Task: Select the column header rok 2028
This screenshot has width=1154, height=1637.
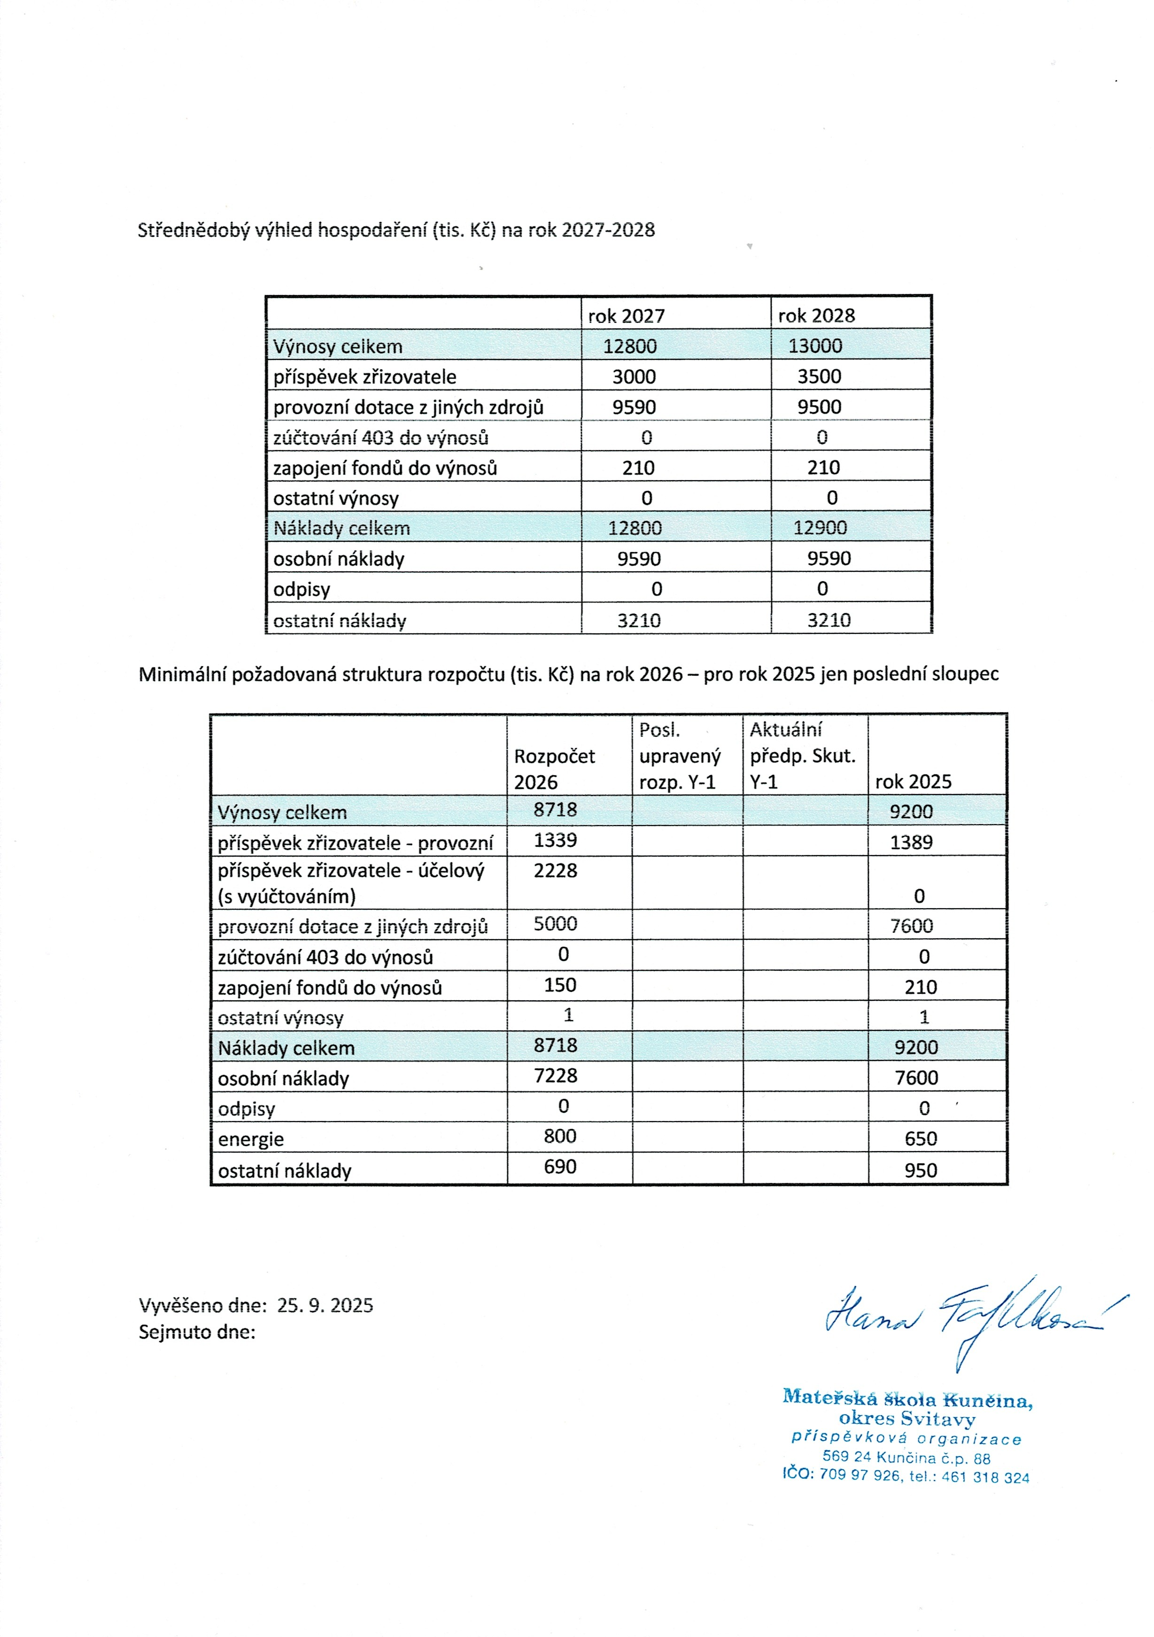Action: [x=816, y=316]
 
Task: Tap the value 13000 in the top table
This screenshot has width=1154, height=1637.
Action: [x=815, y=346]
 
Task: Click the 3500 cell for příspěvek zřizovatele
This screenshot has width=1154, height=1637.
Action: [x=819, y=376]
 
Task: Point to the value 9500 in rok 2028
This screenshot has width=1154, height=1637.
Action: [x=819, y=407]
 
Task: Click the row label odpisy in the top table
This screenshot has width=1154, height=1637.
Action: [x=302, y=590]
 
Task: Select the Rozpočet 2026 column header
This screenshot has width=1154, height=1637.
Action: [x=555, y=769]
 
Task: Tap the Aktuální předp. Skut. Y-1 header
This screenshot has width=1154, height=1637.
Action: [x=803, y=756]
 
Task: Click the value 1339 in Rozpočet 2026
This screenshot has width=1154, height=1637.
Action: [x=555, y=840]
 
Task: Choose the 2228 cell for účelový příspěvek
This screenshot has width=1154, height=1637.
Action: [x=555, y=871]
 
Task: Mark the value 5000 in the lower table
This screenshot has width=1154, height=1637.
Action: [x=555, y=924]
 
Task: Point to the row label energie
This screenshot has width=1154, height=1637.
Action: [x=251, y=1139]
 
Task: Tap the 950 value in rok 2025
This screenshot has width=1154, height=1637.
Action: [x=920, y=1170]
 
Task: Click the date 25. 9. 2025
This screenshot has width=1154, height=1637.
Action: [x=325, y=1305]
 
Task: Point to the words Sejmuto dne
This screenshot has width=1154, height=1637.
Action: [x=197, y=1332]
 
